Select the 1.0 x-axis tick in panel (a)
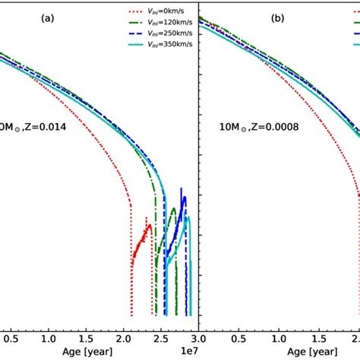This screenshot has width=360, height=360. pyautogui.click(x=49, y=334)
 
